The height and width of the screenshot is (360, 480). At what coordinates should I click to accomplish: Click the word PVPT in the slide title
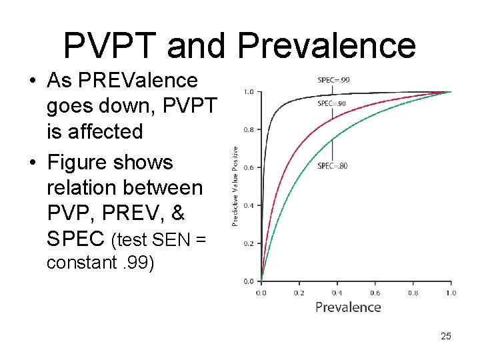coord(111,45)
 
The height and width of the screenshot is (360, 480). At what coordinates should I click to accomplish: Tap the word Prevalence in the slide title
coord(327,45)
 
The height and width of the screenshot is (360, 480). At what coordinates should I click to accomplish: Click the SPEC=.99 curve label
coord(333,80)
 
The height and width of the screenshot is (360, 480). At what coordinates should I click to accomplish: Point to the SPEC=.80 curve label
coord(331,165)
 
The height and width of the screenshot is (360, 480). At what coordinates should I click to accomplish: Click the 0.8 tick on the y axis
coord(248,130)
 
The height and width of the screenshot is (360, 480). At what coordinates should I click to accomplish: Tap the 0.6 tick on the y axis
coord(248,168)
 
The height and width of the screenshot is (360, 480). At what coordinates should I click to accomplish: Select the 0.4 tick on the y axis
coord(248,205)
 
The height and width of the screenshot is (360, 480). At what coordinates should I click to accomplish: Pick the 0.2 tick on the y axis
coord(248,243)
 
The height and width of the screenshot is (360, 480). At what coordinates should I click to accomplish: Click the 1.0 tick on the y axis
coord(248,92)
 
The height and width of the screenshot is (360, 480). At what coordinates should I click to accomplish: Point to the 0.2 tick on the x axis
coord(299,293)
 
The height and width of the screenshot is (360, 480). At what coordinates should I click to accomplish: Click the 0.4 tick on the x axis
coord(337,293)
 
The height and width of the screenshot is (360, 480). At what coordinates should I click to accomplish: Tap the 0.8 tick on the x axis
coord(413,293)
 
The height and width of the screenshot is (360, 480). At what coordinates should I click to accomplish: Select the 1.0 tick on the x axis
coord(451,293)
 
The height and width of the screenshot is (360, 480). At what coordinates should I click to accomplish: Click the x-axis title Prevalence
coord(348,307)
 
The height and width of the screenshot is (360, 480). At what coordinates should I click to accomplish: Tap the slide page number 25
coord(446,336)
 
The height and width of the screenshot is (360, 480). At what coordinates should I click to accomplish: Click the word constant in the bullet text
coord(79,262)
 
